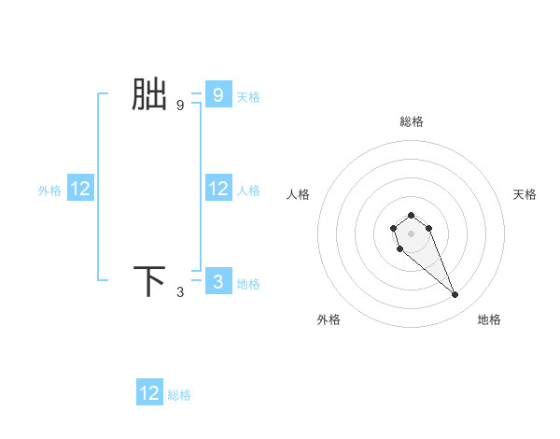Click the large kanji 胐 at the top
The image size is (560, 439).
(149, 95)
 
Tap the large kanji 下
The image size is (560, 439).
(149, 281)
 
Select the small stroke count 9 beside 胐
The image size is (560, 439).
(180, 106)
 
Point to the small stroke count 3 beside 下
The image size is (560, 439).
(180, 292)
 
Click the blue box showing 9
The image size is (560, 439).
(217, 95)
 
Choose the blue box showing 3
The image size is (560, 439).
(217, 282)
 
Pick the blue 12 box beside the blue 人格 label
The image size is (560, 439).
(218, 190)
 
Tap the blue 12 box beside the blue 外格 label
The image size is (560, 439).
(80, 190)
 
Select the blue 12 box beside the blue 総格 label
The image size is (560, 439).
(149, 393)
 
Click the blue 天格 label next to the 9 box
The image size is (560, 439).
(248, 97)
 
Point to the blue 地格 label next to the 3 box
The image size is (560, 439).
(248, 284)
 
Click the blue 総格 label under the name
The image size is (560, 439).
(179, 395)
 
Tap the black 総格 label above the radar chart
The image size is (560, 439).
(412, 121)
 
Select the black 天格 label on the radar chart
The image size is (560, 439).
(525, 194)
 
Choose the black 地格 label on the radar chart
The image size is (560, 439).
(489, 319)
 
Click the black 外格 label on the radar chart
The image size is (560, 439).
(329, 319)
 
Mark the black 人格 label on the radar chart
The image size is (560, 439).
(299, 194)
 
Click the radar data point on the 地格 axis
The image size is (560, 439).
(455, 295)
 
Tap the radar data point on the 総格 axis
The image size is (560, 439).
(411, 216)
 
